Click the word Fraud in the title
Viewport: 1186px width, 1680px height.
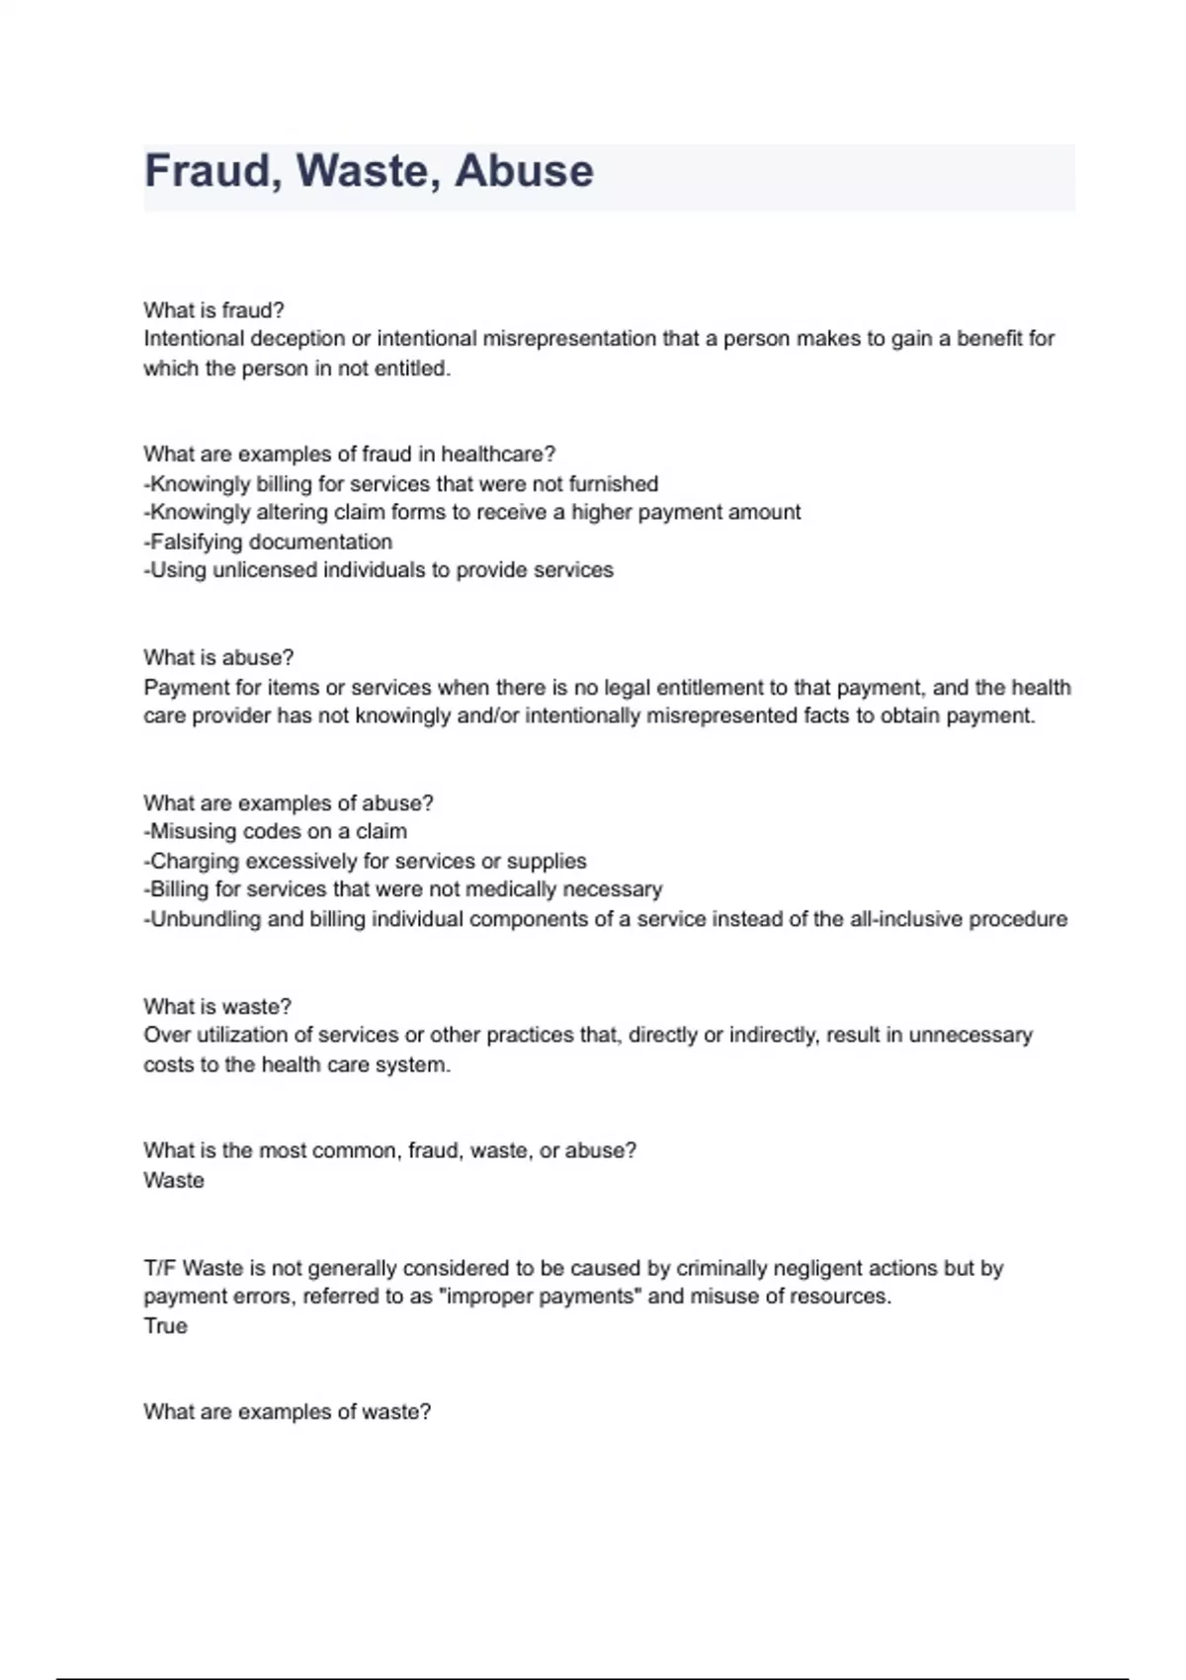click(206, 171)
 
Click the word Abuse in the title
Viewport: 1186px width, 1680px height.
click(524, 171)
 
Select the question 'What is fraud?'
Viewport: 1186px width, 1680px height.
click(213, 310)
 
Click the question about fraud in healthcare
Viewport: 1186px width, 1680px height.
click(349, 455)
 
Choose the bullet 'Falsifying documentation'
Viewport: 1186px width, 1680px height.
click(268, 542)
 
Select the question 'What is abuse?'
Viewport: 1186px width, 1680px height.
click(218, 658)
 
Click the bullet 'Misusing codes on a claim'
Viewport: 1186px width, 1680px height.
click(276, 832)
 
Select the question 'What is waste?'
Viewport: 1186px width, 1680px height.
click(217, 1007)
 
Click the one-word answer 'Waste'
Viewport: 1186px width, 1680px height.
click(174, 1181)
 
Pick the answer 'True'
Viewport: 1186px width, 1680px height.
click(165, 1326)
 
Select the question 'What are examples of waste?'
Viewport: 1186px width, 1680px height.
click(287, 1412)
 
